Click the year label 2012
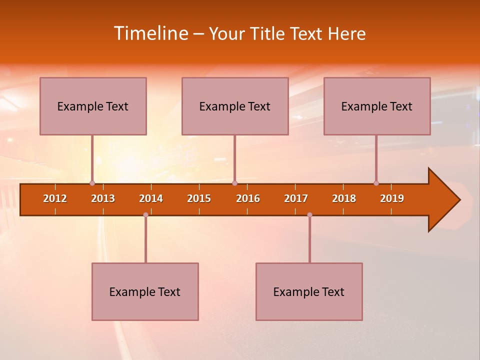[55, 198]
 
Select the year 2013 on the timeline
[103, 198]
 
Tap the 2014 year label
[151, 198]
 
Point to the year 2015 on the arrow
[199, 198]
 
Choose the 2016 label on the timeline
[248, 198]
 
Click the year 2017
[296, 198]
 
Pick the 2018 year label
[344, 198]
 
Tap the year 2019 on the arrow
[392, 198]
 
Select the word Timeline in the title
[150, 33]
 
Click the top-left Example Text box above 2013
[93, 106]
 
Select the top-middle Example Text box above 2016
[235, 106]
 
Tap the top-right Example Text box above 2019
[377, 106]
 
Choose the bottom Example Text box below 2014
[145, 291]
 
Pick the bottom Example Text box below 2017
[309, 291]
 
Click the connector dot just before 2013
[92, 183]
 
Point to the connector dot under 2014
[145, 214]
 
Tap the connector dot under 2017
[309, 214]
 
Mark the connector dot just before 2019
[376, 183]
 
